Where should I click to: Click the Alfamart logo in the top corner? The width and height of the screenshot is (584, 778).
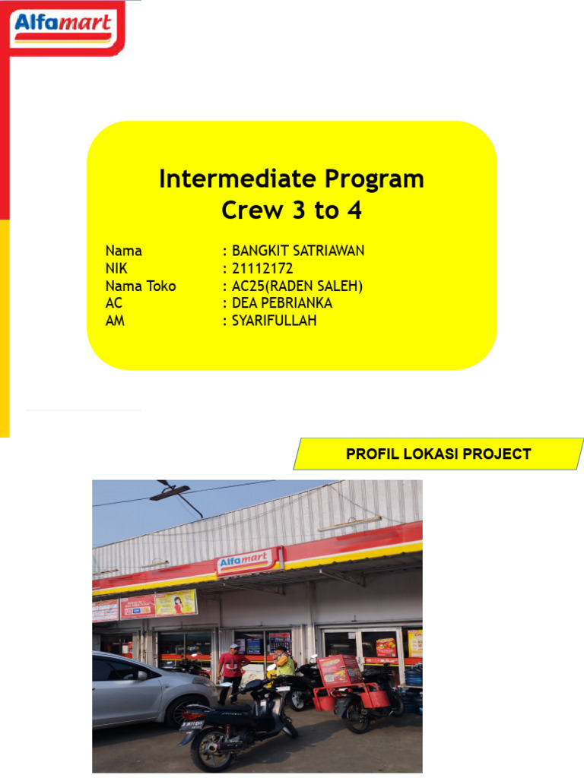(x=64, y=28)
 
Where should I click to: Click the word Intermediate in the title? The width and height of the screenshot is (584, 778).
(x=236, y=179)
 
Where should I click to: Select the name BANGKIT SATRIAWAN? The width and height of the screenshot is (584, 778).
(x=298, y=251)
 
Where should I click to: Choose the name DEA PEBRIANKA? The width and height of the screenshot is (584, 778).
(x=282, y=303)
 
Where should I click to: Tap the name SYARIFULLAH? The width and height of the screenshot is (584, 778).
(x=274, y=321)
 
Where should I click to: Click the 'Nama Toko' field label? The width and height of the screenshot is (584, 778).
(x=141, y=286)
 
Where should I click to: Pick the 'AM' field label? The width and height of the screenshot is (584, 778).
(x=115, y=321)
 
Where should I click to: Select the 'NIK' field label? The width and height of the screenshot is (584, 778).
(x=116, y=268)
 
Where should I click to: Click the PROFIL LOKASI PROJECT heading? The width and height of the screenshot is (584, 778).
(x=438, y=454)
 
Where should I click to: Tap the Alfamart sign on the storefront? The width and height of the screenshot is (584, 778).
(x=249, y=562)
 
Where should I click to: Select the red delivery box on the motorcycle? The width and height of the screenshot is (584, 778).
(x=339, y=671)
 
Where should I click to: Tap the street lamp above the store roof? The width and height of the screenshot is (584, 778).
(x=170, y=492)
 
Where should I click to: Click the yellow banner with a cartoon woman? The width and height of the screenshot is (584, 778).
(x=176, y=602)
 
